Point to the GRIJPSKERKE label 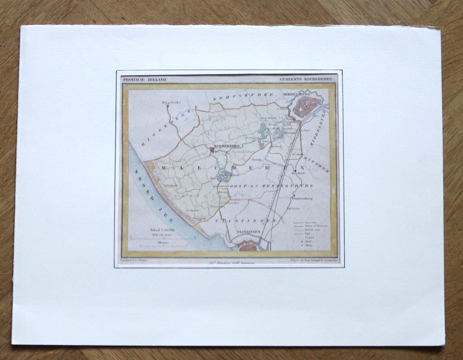244,95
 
